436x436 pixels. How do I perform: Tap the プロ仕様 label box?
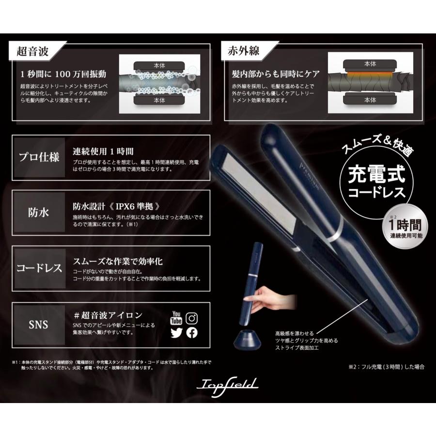[x=39, y=157]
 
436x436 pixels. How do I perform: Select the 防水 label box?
[x=39, y=213]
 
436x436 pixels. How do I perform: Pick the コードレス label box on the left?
[x=39, y=268]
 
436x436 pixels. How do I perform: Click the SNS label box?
[x=39, y=324]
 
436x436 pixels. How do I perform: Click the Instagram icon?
[x=192, y=318]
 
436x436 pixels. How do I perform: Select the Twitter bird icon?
[x=176, y=333]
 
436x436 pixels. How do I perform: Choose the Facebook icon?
[x=192, y=333]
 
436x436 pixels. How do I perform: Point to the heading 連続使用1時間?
[x=103, y=151]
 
